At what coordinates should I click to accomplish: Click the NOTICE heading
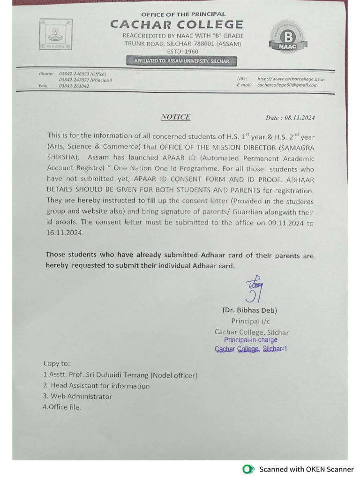(x=175, y=117)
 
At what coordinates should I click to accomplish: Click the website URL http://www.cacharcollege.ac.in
(x=291, y=79)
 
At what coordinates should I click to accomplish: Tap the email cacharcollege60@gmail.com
(x=287, y=85)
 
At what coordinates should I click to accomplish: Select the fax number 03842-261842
(x=74, y=86)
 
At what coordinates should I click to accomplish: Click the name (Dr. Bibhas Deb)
(x=249, y=310)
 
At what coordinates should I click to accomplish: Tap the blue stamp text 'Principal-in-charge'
(x=250, y=340)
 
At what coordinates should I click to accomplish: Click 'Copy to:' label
(x=57, y=363)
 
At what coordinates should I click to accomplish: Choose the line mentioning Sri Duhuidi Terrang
(x=120, y=375)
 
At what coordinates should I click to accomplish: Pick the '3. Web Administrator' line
(x=78, y=397)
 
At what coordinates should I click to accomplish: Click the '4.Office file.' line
(x=62, y=407)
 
